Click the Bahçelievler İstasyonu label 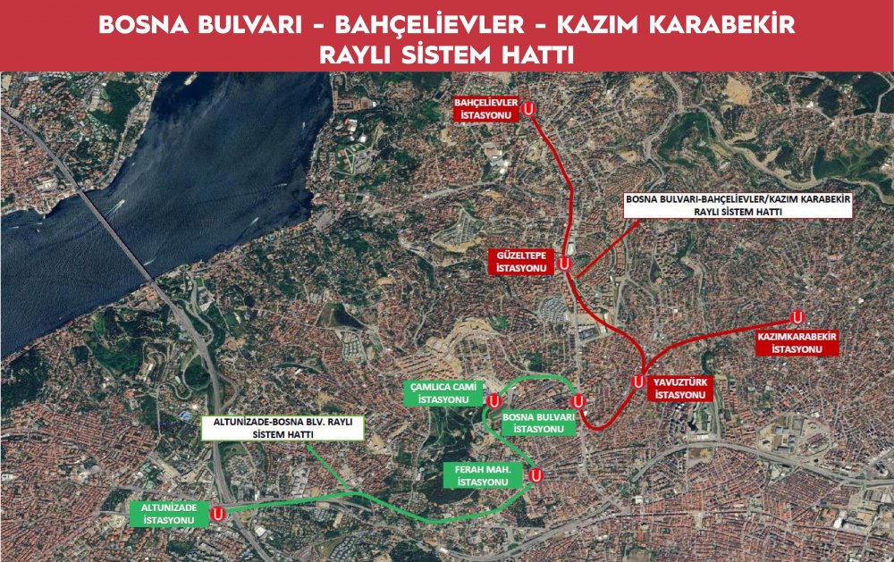[487, 109]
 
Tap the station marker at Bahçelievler [529, 109]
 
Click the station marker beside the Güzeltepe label [564, 264]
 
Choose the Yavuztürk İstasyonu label [680, 387]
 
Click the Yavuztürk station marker [638, 381]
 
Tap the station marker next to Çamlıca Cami [493, 400]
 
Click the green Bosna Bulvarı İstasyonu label [538, 423]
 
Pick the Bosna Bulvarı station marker [578, 401]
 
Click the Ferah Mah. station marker [536, 475]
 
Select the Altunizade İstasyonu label [170, 513]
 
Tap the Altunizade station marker [216, 513]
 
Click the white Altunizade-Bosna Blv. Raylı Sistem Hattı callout [283, 428]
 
